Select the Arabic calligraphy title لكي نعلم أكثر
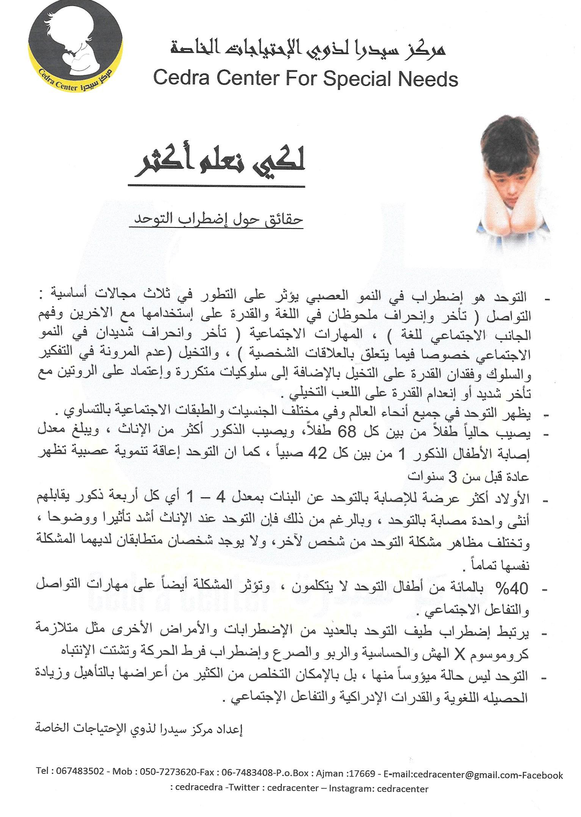tap(220, 164)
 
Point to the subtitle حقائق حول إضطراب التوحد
tap(216, 218)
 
